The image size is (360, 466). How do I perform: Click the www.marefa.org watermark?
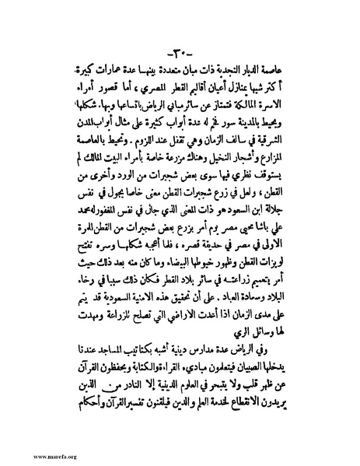tap(35, 456)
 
